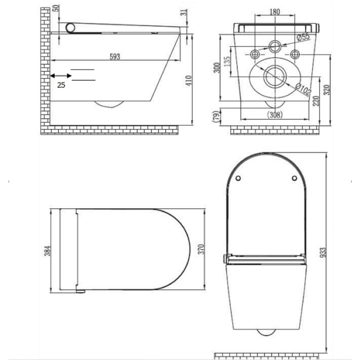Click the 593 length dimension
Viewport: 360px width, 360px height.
tap(114, 57)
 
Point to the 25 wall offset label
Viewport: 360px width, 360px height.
tap(61, 85)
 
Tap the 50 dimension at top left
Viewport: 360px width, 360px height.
tap(56, 9)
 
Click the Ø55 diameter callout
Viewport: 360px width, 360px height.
tap(303, 36)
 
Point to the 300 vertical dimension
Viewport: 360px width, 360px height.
tap(217, 68)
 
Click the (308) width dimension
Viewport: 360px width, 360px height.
tap(276, 115)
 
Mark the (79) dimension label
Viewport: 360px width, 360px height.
tap(216, 116)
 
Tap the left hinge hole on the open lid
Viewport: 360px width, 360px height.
tap(239, 179)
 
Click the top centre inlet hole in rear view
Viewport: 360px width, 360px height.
tap(275, 47)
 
